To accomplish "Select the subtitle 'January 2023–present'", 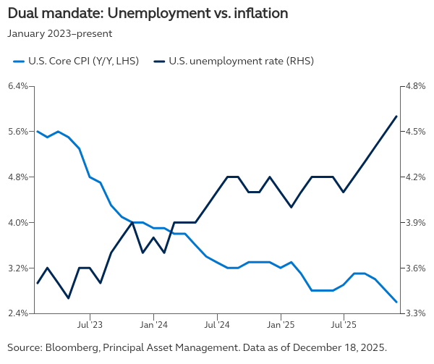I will [x=59, y=33].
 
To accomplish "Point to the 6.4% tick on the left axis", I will [x=17, y=86].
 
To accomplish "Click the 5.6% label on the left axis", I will [x=17, y=132].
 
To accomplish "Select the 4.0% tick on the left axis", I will [x=17, y=222].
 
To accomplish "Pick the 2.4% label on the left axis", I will [x=17, y=313].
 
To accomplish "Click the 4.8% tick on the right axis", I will [x=415, y=86].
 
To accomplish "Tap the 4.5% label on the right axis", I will [x=415, y=132].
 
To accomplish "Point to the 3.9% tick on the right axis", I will [x=415, y=222].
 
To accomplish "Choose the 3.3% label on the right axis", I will [x=415, y=313].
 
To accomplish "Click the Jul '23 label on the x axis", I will [x=90, y=326].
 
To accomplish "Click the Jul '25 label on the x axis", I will [x=344, y=326].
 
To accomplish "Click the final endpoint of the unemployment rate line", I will [x=396, y=117].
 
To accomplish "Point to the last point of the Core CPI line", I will [x=396, y=302].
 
